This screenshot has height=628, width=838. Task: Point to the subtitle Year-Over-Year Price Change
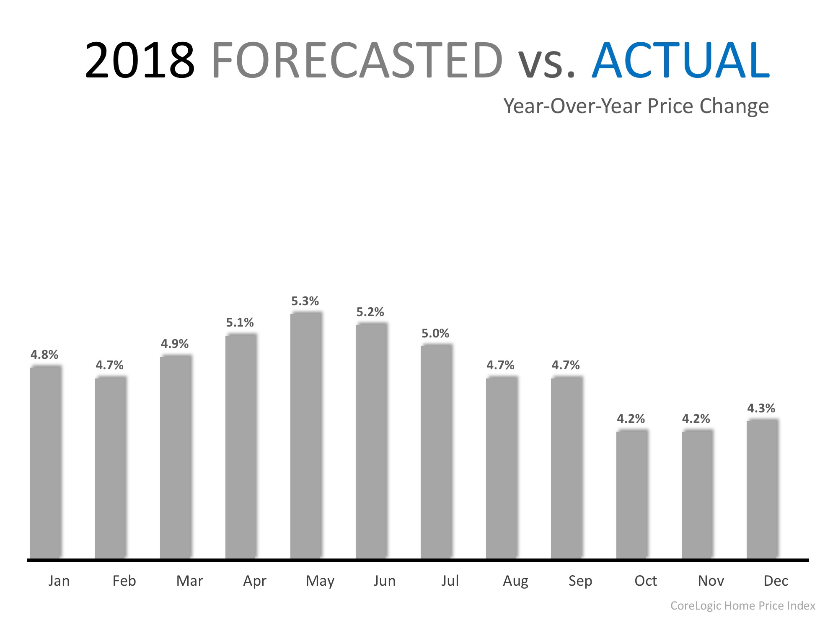[636, 106]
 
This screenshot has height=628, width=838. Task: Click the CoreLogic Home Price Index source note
[742, 605]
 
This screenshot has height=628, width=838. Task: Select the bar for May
[306, 435]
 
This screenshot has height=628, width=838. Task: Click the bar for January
[45, 462]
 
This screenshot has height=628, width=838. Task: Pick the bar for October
[632, 494]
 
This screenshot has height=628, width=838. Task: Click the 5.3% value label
[305, 301]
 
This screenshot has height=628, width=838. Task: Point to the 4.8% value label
[44, 355]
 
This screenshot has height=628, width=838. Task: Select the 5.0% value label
[435, 333]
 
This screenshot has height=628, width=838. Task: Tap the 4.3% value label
[761, 408]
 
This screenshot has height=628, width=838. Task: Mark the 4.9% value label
[175, 344]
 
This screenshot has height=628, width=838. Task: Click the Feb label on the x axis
[124, 581]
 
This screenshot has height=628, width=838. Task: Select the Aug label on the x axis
[515, 581]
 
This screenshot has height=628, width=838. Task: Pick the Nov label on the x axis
[711, 581]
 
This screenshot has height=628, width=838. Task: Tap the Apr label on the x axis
[255, 581]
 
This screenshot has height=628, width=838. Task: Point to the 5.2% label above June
[370, 312]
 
